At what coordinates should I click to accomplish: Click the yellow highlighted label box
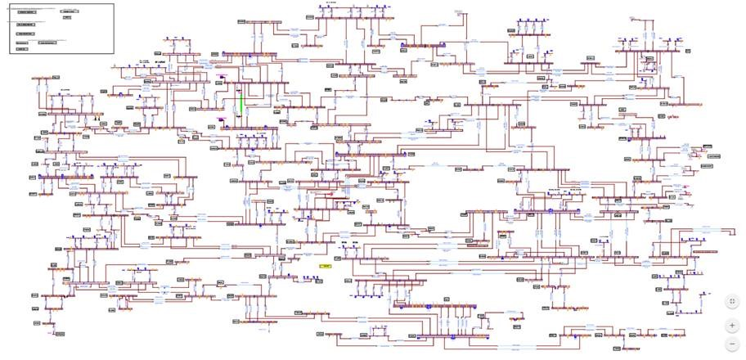click(x=326, y=266)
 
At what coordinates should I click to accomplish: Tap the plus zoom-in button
click(x=732, y=326)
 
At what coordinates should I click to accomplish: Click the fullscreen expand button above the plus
click(x=732, y=302)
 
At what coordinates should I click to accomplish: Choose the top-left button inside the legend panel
click(x=27, y=12)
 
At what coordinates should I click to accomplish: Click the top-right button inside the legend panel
click(x=70, y=11)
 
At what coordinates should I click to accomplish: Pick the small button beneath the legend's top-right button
click(x=67, y=17)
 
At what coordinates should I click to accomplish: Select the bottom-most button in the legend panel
click(x=22, y=49)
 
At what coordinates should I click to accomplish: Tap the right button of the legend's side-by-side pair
click(x=47, y=43)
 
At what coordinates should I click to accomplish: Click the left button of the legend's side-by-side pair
click(x=22, y=43)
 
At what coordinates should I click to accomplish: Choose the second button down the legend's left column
click(x=26, y=25)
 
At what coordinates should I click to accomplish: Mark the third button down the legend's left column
click(x=26, y=34)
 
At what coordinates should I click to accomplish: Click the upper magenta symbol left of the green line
click(x=219, y=79)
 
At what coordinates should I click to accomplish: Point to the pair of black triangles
click(x=99, y=118)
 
